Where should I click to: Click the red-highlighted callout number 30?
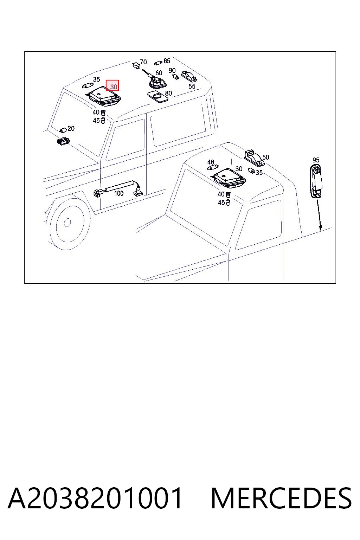(114, 86)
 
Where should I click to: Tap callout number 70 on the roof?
(143, 62)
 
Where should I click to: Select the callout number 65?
(167, 61)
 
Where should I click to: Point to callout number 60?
(159, 73)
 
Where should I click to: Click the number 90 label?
(172, 70)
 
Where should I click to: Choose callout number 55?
(192, 86)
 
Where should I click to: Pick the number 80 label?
(168, 93)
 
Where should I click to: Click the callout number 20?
(71, 128)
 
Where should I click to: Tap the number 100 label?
(118, 193)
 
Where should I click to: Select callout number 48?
(211, 162)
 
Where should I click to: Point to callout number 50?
(265, 157)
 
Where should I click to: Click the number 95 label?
(316, 160)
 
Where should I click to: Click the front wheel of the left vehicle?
(67, 222)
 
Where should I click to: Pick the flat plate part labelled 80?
(158, 97)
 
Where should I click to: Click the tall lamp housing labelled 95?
(316, 181)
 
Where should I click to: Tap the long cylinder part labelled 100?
(120, 186)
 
